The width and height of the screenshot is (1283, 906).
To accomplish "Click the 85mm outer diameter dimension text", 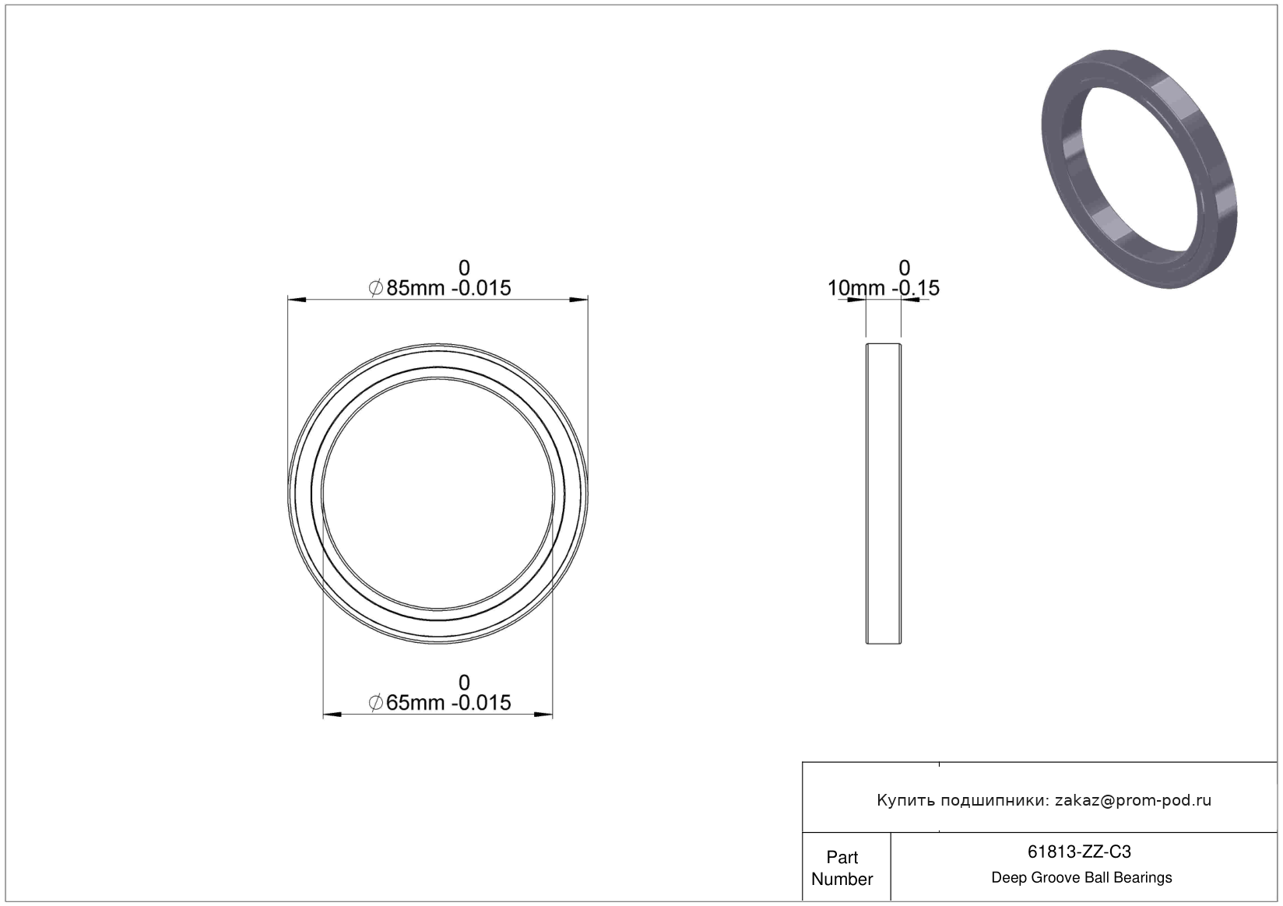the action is point(415,287).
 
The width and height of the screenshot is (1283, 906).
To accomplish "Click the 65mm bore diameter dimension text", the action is point(415,702).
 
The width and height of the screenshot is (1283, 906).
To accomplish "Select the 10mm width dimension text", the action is point(856,287).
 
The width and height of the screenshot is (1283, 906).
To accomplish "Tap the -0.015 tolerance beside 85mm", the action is point(481,287).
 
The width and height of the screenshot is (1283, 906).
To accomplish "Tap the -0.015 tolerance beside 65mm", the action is point(481,702).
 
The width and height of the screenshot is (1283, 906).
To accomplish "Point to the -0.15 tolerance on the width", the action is point(916,287).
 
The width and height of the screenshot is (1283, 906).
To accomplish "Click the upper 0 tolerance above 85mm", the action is point(464,268).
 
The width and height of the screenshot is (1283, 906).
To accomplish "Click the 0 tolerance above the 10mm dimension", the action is point(904,268).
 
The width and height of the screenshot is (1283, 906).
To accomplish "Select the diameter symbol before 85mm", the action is point(376,287).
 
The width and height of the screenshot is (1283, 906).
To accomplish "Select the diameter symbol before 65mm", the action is point(376,702).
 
